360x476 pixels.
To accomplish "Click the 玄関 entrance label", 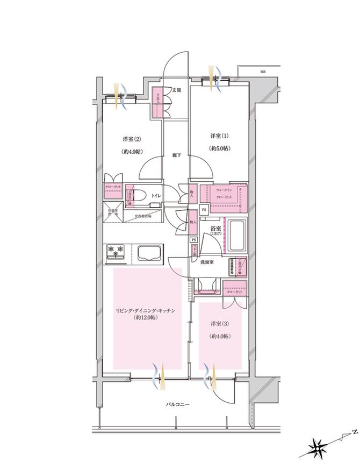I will click(x=176, y=90).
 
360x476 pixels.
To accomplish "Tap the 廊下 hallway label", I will click(x=176, y=155).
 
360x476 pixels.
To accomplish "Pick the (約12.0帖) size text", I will click(x=145, y=318).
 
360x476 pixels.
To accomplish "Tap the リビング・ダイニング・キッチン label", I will click(x=145, y=310).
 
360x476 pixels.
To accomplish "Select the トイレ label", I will click(x=156, y=196).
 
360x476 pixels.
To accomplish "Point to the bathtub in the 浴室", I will click(x=237, y=236).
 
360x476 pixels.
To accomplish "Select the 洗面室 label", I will click(x=208, y=262).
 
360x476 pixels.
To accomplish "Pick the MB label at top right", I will click(x=263, y=72).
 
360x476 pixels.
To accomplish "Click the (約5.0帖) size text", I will click(x=219, y=147).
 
